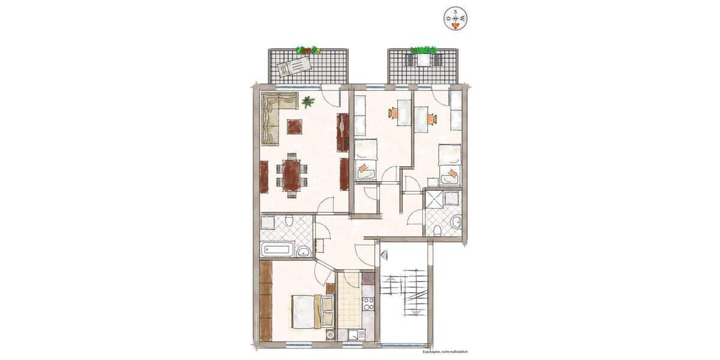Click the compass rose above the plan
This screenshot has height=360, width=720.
point(456,18)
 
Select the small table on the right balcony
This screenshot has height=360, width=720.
point(424,60)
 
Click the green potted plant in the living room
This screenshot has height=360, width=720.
point(308,102)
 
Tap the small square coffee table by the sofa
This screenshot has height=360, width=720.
point(295,127)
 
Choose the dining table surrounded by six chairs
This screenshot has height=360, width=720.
point(292,173)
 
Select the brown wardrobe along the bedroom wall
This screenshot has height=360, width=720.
point(266,300)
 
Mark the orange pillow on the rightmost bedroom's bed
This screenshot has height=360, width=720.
point(452,175)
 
